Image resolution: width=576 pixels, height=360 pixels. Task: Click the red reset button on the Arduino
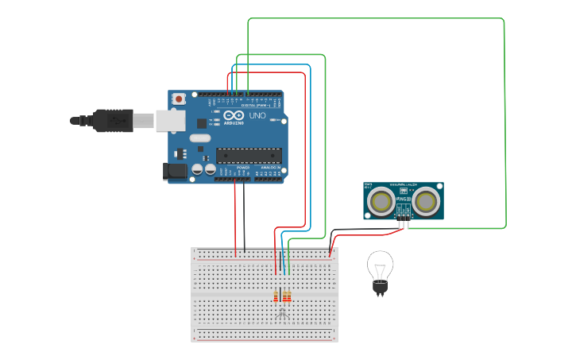click(179, 99)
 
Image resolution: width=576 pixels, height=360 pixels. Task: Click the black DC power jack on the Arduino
click(174, 171)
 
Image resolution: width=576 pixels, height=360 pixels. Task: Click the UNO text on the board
click(257, 116)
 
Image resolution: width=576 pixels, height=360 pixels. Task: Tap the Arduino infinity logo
click(233, 116)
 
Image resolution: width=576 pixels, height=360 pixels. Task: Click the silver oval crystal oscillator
click(200, 138)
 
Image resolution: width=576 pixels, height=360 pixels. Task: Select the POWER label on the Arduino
click(243, 168)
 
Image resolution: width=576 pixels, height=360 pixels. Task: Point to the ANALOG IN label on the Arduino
click(271, 168)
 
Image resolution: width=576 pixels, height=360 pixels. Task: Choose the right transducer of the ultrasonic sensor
click(426, 202)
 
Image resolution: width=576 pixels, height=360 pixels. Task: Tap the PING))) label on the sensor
click(404, 199)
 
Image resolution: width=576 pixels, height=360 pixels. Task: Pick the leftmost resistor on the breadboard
click(276, 297)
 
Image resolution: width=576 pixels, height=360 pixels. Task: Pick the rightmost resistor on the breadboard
click(288, 297)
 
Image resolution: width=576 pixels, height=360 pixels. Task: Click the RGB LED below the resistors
click(282, 315)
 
